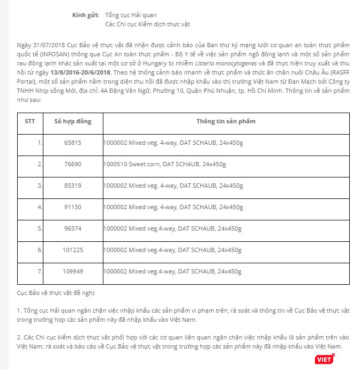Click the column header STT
30,121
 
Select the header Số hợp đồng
73,121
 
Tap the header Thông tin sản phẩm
226,121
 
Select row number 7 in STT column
39,271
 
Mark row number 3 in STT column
39,186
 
